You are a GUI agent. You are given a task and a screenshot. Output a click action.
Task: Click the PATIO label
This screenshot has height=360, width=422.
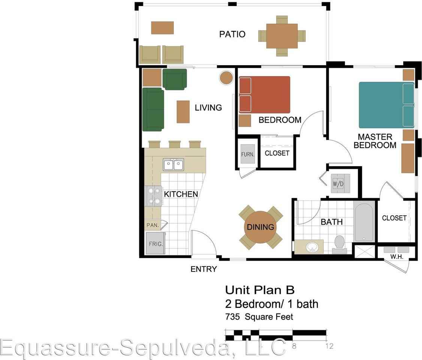coord(232,34)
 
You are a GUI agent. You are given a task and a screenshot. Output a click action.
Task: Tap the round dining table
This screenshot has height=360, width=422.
coord(260,227)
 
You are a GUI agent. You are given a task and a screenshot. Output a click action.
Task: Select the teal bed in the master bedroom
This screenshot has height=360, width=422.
coord(386,105)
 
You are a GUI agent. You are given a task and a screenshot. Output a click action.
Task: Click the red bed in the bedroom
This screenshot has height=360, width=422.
coord(264,94)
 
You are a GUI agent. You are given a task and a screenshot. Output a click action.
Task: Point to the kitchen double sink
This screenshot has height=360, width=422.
coord(173,165)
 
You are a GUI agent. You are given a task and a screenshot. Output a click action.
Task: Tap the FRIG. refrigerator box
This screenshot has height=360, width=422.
coord(155,243)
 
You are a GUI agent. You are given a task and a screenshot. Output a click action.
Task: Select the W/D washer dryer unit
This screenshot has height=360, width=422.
coord(340,184)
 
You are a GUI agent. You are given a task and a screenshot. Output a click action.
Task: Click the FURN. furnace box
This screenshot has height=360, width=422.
coord(248,154)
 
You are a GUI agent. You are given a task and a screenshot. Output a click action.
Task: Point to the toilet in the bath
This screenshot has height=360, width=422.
coord(340,244)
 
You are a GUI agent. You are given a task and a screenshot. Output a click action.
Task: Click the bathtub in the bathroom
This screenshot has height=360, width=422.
coord(364,221)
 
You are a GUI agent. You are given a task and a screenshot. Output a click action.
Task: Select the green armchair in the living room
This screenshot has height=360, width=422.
coord(174,79)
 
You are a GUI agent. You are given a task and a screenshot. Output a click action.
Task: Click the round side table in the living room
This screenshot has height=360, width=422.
coord(226,78)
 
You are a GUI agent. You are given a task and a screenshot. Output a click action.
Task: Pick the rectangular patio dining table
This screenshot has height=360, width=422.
coord(282,36)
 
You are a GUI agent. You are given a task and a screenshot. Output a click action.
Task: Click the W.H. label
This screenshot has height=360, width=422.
coord(397,256)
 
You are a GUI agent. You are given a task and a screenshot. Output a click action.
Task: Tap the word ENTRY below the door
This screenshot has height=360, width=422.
coord(204,269)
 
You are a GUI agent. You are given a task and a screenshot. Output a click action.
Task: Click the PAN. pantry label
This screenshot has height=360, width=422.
coord(153,225)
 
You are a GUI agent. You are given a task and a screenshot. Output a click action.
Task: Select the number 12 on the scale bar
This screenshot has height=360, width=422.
coord(329,346)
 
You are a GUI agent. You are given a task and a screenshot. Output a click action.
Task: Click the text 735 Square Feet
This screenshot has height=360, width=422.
coord(259,317)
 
